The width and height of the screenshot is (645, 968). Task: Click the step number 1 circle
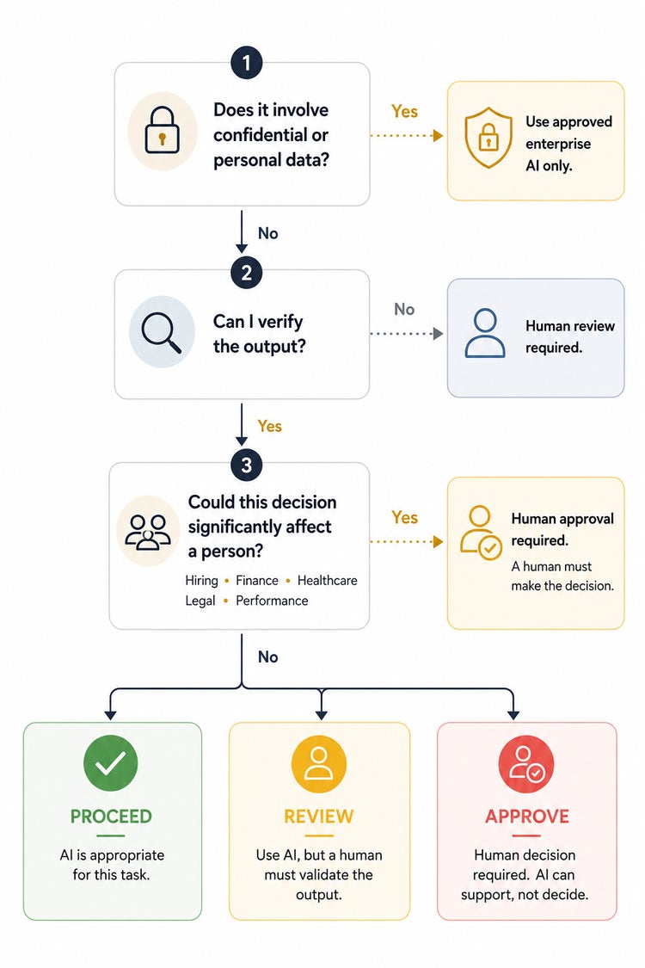(x=246, y=63)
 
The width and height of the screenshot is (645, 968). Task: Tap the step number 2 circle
(x=246, y=272)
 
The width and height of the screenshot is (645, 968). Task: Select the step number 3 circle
(x=246, y=465)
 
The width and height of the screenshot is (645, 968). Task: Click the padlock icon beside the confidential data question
(x=162, y=130)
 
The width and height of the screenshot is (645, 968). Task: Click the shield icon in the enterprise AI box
(x=488, y=137)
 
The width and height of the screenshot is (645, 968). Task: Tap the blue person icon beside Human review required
(x=485, y=333)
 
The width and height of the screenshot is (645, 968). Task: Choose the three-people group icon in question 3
(x=148, y=532)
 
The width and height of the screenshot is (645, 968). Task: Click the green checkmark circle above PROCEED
(x=110, y=763)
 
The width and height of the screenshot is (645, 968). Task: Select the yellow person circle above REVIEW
(x=318, y=764)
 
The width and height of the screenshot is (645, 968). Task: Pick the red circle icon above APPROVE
(x=526, y=764)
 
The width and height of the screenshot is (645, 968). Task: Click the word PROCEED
(x=111, y=817)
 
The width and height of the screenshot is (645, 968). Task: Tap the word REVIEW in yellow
(x=318, y=817)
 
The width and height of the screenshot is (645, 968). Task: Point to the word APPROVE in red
(x=527, y=817)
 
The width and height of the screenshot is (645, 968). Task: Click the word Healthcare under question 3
(x=327, y=580)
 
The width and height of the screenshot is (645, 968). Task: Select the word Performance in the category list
(x=272, y=601)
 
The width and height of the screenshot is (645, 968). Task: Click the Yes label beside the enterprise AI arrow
(x=404, y=111)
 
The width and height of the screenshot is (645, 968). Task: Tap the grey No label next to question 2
(x=404, y=309)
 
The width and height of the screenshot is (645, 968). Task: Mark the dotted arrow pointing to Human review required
(x=407, y=334)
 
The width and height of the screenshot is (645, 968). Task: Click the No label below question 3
(x=267, y=657)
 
